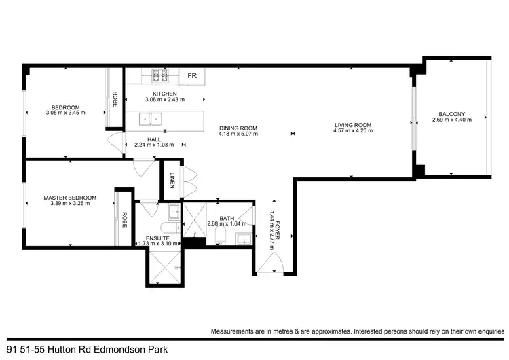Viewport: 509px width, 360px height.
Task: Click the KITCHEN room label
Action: click(x=165, y=94)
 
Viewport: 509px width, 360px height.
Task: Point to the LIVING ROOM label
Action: click(x=353, y=125)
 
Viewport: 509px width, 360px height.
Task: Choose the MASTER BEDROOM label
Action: click(x=70, y=198)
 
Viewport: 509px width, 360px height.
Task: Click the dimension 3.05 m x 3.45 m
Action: click(x=66, y=113)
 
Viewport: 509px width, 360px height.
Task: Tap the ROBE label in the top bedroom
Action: click(x=115, y=100)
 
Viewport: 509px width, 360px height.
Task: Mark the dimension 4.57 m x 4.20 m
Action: click(x=353, y=131)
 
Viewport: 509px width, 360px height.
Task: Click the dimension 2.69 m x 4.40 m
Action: click(x=451, y=120)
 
